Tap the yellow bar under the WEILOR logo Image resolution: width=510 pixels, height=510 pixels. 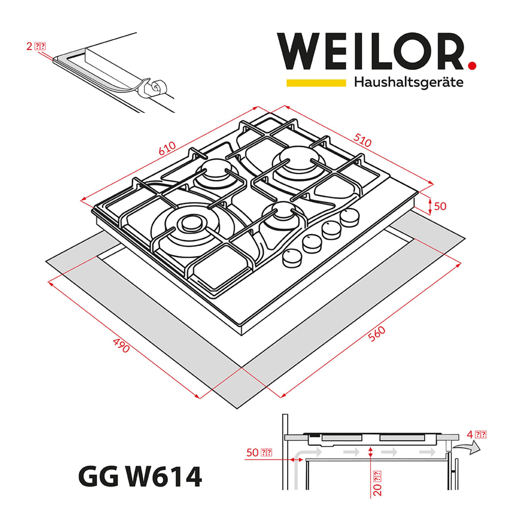(x=316, y=83)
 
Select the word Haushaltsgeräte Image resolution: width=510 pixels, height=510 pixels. (x=409, y=83)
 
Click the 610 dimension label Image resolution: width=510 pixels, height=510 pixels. (x=167, y=149)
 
